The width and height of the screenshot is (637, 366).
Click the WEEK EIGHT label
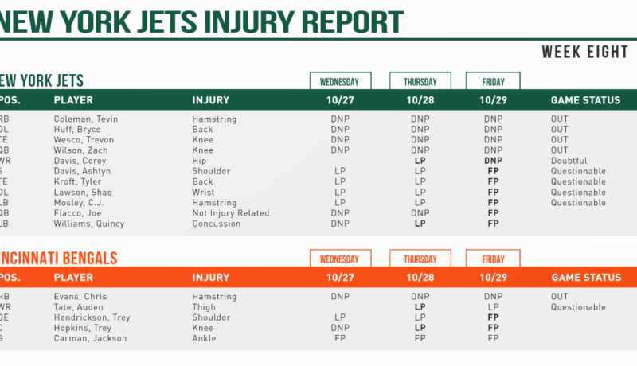(x=585, y=53)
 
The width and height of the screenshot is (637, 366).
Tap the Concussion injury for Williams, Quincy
(x=216, y=224)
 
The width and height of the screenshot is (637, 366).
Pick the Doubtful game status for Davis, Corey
(x=569, y=161)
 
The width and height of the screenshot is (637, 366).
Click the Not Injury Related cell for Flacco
(x=230, y=213)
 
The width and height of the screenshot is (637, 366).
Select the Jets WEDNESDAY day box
(x=340, y=81)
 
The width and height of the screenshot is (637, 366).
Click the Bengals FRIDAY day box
(x=493, y=259)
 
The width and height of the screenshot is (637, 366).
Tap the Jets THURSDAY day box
(x=420, y=81)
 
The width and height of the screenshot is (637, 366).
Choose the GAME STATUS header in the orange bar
(x=585, y=278)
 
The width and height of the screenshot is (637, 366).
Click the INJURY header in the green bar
(x=210, y=101)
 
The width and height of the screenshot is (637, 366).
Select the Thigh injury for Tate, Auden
(x=204, y=307)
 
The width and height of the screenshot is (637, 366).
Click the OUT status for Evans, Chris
(x=560, y=297)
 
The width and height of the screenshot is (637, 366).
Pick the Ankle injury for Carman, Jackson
(x=205, y=338)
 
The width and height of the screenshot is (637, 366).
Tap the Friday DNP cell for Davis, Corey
(x=493, y=161)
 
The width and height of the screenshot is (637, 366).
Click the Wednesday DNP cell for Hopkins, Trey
(x=340, y=328)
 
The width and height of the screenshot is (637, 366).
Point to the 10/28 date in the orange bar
(x=420, y=278)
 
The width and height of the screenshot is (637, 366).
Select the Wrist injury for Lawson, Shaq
(x=204, y=193)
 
